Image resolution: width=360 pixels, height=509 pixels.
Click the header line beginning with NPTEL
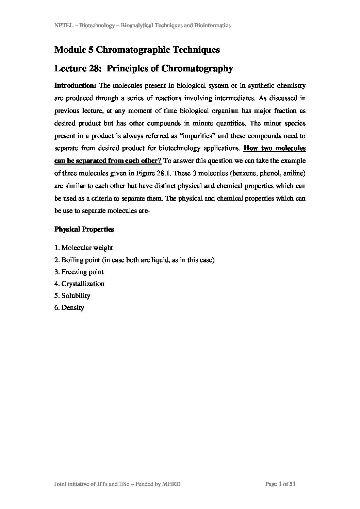click(143, 26)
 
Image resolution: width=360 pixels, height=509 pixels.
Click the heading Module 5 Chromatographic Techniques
click(137, 50)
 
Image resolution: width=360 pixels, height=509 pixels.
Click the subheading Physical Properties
click(84, 230)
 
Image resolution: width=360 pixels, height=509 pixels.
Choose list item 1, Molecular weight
click(84, 248)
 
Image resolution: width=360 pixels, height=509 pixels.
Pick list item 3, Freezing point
click(79, 272)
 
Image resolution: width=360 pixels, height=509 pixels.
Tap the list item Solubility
click(72, 296)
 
